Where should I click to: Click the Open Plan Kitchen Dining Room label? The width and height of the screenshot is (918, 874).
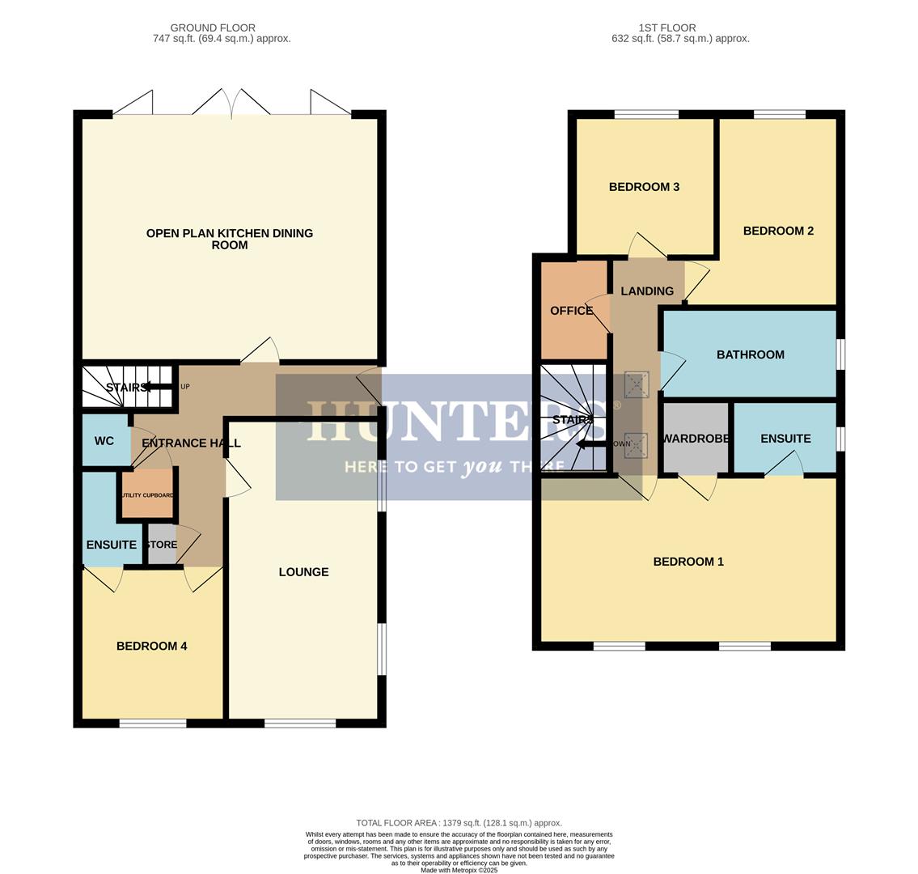[x=229, y=239]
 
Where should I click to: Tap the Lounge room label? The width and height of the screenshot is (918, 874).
[x=303, y=572]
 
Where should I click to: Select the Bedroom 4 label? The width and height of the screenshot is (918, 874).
[x=151, y=646]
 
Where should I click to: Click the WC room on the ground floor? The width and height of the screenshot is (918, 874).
[x=104, y=441]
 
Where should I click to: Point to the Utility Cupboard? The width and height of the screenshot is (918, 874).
[x=147, y=495]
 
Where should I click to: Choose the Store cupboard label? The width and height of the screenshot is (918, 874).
[x=161, y=545]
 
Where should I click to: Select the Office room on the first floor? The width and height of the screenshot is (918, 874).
[x=571, y=311]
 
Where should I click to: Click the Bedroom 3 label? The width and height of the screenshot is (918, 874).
[x=644, y=187]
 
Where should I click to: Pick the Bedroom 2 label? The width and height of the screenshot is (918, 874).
[x=778, y=231]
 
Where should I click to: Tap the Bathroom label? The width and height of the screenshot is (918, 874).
[x=750, y=354]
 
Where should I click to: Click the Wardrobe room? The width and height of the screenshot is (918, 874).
[x=696, y=439]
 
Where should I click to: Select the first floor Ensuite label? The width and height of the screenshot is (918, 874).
[x=785, y=439]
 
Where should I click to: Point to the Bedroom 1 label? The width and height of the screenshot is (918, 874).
[x=688, y=562]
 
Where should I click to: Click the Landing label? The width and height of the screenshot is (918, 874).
[x=646, y=291]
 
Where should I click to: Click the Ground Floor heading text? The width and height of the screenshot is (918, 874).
[x=213, y=28]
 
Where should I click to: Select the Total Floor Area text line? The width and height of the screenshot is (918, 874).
[x=459, y=823]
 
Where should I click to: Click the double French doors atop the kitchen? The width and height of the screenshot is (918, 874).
[x=231, y=104]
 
